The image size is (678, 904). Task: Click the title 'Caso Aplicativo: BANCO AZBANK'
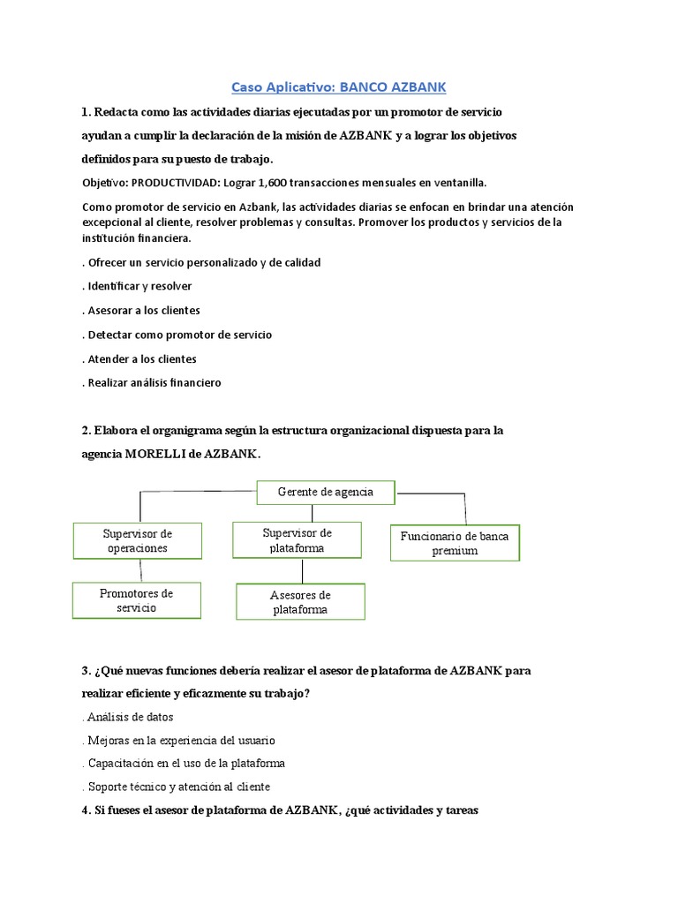click(x=339, y=87)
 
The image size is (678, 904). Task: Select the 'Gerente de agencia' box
click(x=326, y=492)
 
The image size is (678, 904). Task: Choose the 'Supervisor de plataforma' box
click(x=298, y=540)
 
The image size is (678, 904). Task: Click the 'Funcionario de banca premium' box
click(x=455, y=543)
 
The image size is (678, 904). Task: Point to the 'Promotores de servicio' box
click(x=136, y=600)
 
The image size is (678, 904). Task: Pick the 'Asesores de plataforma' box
click(x=300, y=602)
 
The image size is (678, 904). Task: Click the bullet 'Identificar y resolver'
click(x=139, y=286)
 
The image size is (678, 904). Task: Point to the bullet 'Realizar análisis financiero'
click(x=154, y=383)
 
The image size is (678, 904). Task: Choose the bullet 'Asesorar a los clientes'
click(x=143, y=311)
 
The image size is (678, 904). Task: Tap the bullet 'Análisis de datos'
click(x=130, y=717)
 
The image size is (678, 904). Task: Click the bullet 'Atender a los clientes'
click(x=141, y=359)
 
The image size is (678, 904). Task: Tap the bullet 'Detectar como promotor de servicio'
click(x=179, y=335)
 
